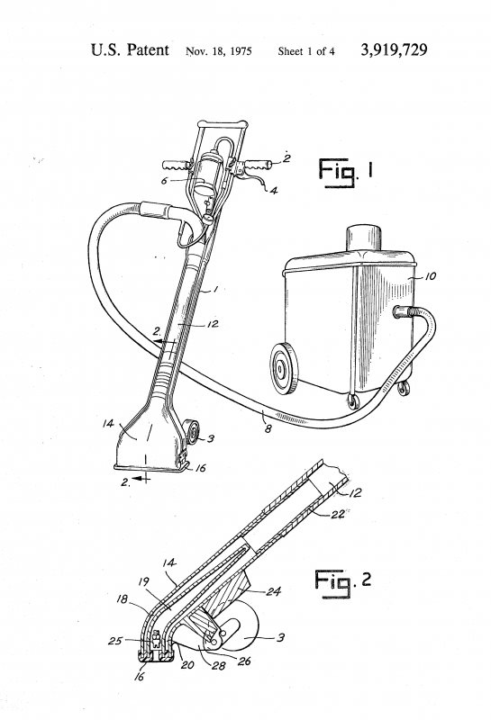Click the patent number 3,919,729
click(x=394, y=49)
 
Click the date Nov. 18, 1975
click(x=219, y=51)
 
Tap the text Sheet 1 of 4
click(x=306, y=51)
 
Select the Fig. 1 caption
click(x=346, y=172)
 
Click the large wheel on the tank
click(x=284, y=369)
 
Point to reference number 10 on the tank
click(x=430, y=276)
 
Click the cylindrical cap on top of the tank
click(x=364, y=238)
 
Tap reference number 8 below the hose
click(x=268, y=428)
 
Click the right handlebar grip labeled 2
click(x=259, y=164)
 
